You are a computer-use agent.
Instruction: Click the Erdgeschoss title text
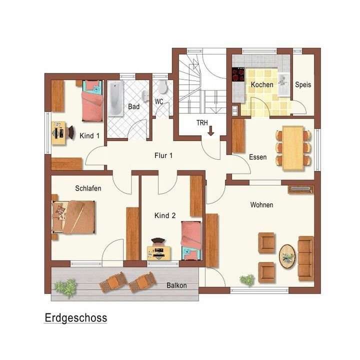pos(76,318)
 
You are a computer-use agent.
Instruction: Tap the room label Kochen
pos(262,84)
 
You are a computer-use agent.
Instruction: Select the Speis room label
pos(303,84)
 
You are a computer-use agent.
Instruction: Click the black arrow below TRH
pos(211,131)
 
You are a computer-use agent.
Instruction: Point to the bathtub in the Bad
pos(115,98)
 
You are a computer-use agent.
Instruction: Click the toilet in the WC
pos(163,86)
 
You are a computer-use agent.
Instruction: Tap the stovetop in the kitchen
pos(238,74)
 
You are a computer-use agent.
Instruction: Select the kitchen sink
pos(284,84)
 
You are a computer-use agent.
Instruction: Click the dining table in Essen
pos(292,148)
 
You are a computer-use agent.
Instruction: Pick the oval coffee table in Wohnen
pos(287,256)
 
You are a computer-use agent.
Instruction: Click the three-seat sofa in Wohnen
pos(306,258)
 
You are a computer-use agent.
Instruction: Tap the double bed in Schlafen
pos(73,217)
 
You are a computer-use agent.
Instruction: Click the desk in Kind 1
pos(58,133)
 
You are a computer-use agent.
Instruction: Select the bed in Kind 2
pos(191,240)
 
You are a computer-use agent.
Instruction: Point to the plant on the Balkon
pos(66,287)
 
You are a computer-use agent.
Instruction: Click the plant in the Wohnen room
pos(247,280)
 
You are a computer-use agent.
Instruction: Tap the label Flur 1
pos(163,155)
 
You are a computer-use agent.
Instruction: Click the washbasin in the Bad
pos(145,95)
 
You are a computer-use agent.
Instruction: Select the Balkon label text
pos(176,285)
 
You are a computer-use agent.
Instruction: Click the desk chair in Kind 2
pos(158,241)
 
